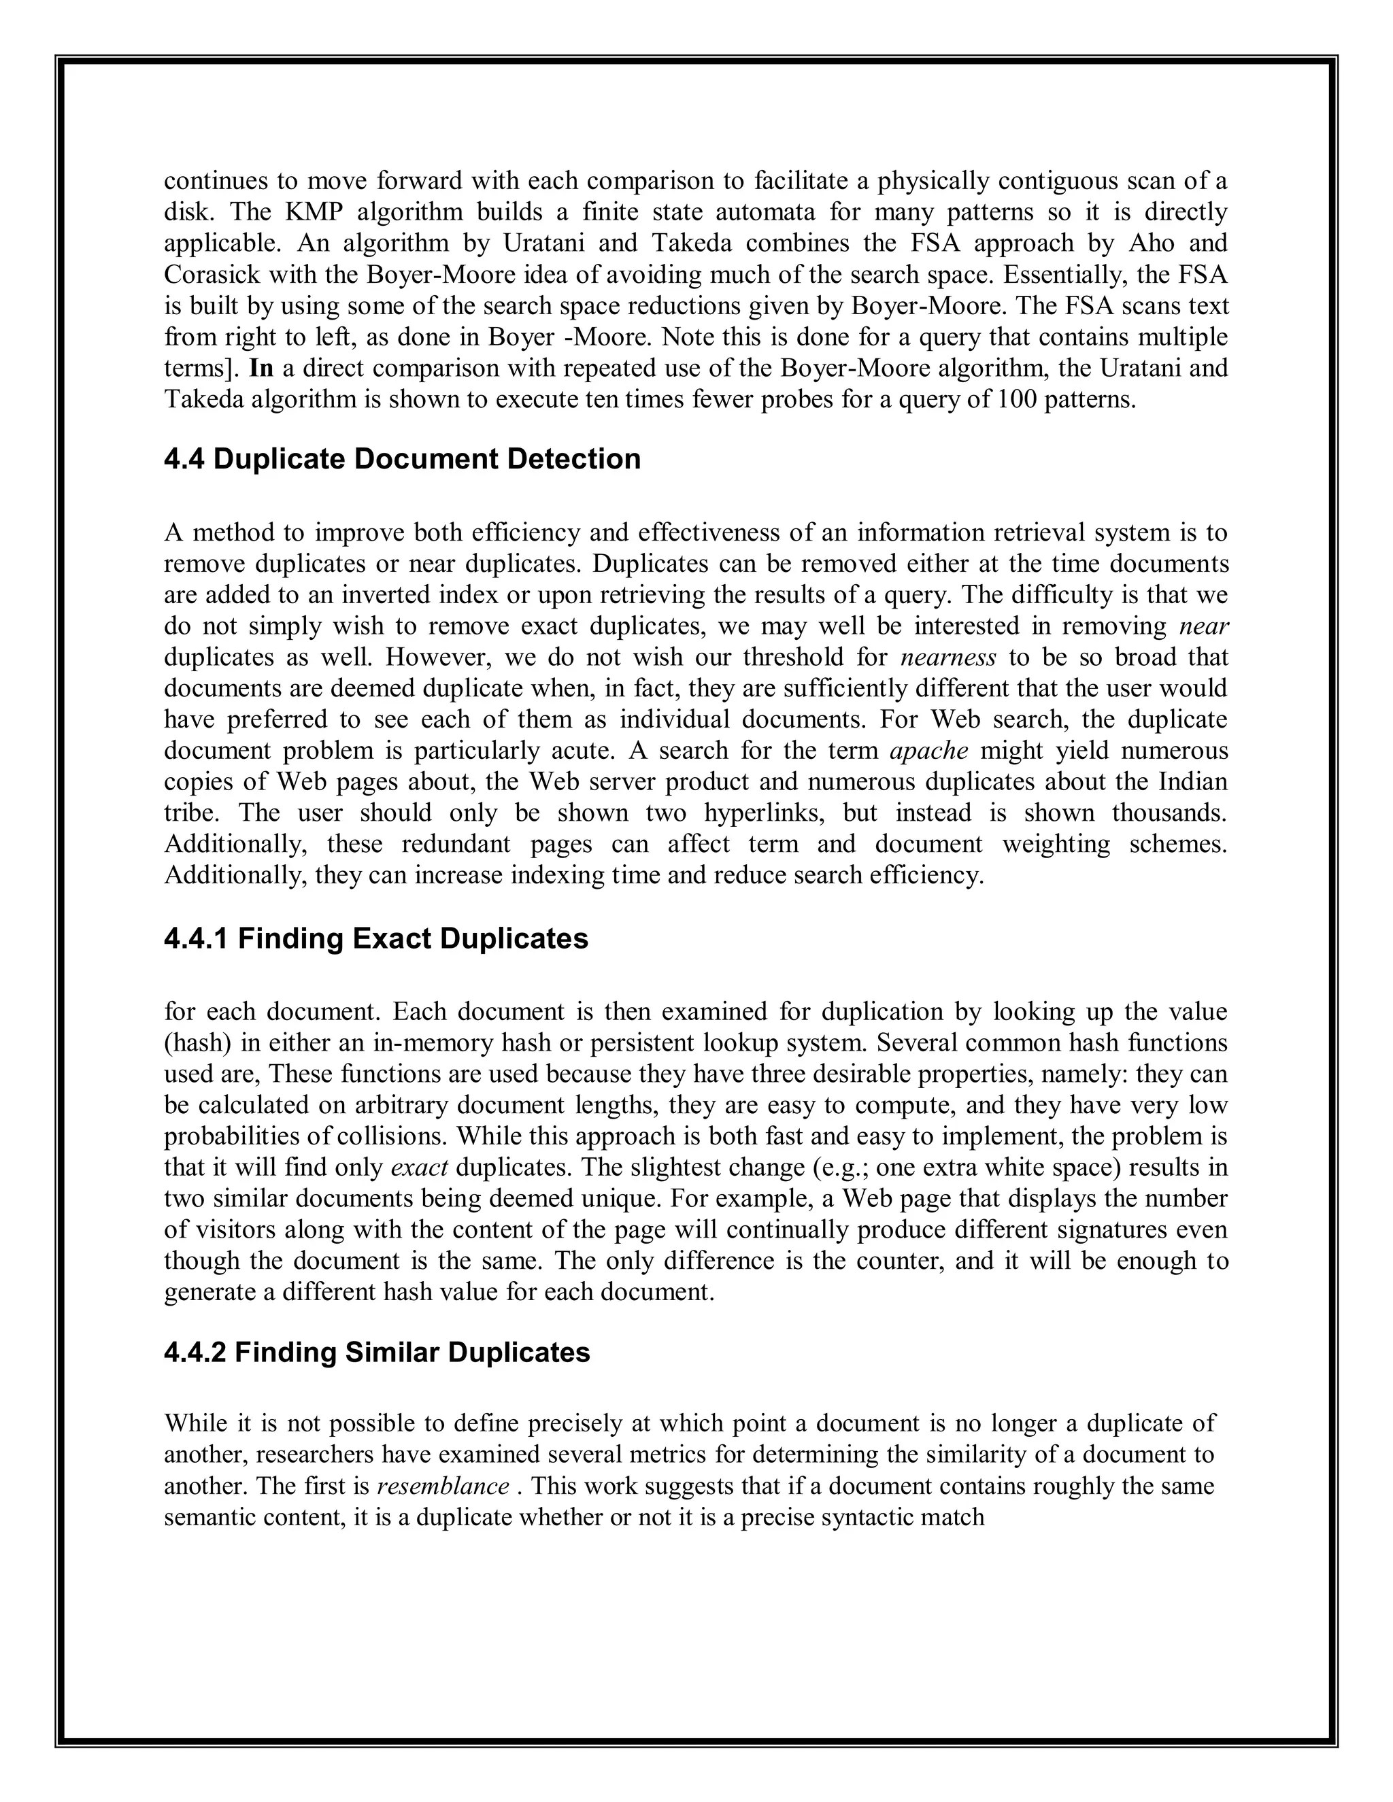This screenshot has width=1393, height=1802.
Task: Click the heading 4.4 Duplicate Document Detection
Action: click(402, 460)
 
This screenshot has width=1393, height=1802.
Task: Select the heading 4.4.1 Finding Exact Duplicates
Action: click(375, 939)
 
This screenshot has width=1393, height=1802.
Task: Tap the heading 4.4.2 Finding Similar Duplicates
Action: click(376, 1353)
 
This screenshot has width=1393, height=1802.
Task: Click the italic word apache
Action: click(929, 751)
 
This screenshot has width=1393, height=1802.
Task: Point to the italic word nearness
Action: click(948, 658)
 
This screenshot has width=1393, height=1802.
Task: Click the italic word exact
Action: click(418, 1168)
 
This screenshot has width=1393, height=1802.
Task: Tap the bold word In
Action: click(261, 368)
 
